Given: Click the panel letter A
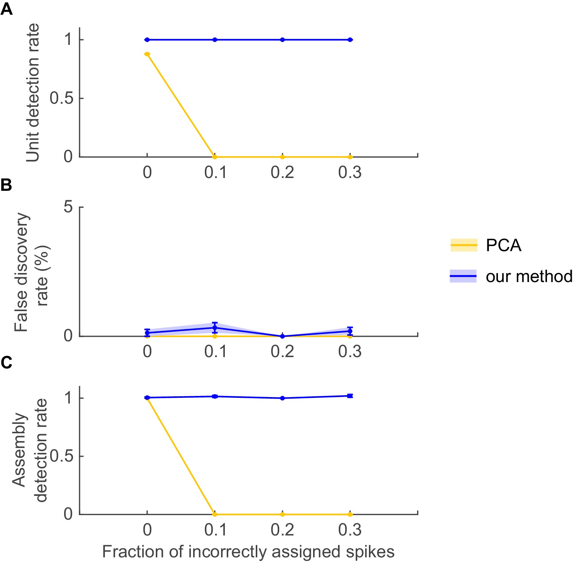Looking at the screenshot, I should click(x=6, y=9).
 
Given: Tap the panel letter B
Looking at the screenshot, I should click(x=6, y=185).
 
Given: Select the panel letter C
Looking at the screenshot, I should click(x=6, y=362).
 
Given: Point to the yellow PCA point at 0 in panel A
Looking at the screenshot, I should click(x=147, y=54).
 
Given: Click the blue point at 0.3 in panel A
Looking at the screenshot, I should click(x=350, y=40).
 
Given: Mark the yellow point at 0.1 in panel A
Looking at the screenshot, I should click(x=215, y=157).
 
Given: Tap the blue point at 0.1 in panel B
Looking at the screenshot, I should click(x=215, y=328).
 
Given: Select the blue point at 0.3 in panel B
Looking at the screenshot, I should click(x=350, y=331).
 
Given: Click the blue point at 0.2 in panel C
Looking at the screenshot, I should click(x=283, y=398).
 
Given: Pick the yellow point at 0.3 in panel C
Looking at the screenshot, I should click(x=350, y=514).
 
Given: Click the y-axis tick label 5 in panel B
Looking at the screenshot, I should click(x=68, y=207).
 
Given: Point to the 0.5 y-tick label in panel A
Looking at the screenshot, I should click(x=61, y=98).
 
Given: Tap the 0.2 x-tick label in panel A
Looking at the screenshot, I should click(x=282, y=172).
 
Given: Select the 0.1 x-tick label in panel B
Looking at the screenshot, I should click(x=215, y=351).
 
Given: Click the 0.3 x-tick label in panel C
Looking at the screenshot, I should click(x=350, y=530).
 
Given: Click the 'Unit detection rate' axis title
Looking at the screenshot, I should click(x=33, y=93).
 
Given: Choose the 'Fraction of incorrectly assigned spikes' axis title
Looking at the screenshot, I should click(x=248, y=552).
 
